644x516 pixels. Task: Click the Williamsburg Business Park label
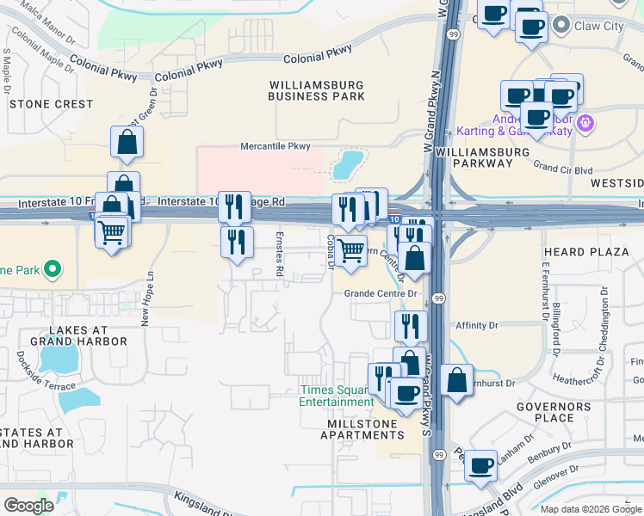tap(316, 90)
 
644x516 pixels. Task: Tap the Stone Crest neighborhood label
tap(51, 104)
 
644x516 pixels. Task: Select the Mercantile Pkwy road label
tap(275, 146)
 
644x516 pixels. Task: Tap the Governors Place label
tap(554, 412)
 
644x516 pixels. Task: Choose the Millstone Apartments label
tap(362, 429)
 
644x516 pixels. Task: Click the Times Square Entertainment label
tap(337, 396)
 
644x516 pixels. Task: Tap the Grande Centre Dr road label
tap(381, 293)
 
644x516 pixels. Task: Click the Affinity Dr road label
tap(476, 326)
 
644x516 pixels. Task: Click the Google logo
tap(28, 506)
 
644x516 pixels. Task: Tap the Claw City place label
tap(599, 27)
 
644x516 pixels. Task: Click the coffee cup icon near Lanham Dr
tap(481, 465)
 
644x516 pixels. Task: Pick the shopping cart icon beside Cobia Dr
tap(350, 251)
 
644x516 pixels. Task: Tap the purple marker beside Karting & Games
tap(586, 124)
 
